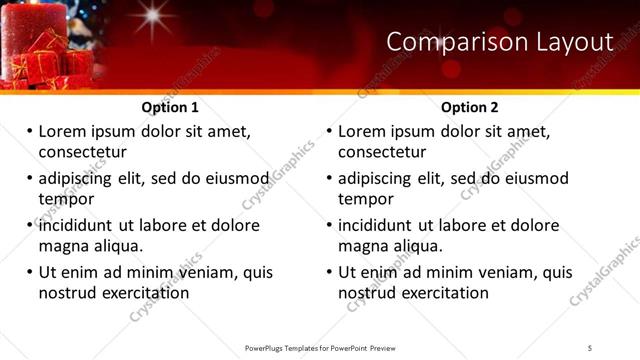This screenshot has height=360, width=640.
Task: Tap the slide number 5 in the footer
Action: [590, 347]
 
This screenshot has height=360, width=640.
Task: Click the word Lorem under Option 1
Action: [64, 131]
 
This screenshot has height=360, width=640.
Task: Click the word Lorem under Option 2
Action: [364, 131]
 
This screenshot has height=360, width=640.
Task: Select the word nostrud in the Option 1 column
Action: [67, 293]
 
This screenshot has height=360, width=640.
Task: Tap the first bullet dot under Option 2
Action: [329, 131]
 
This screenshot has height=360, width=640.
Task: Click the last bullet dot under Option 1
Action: [29, 272]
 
